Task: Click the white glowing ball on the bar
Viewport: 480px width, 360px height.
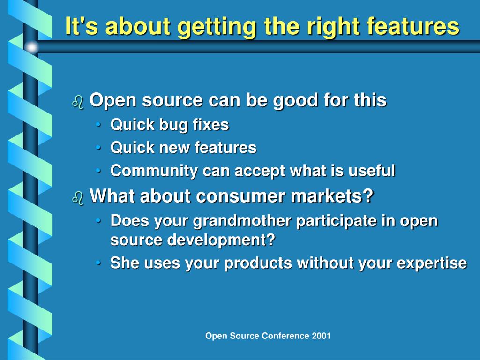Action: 31,47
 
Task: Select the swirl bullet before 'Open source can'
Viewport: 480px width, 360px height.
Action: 78,102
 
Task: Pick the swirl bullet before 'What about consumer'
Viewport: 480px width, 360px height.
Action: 78,198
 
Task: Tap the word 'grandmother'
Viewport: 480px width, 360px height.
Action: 242,221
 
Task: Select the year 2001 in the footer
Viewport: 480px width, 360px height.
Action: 321,336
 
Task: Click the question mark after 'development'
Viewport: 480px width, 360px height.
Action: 270,240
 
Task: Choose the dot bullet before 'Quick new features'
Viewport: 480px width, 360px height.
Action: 98,148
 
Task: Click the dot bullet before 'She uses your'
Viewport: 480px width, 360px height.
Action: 98,263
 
